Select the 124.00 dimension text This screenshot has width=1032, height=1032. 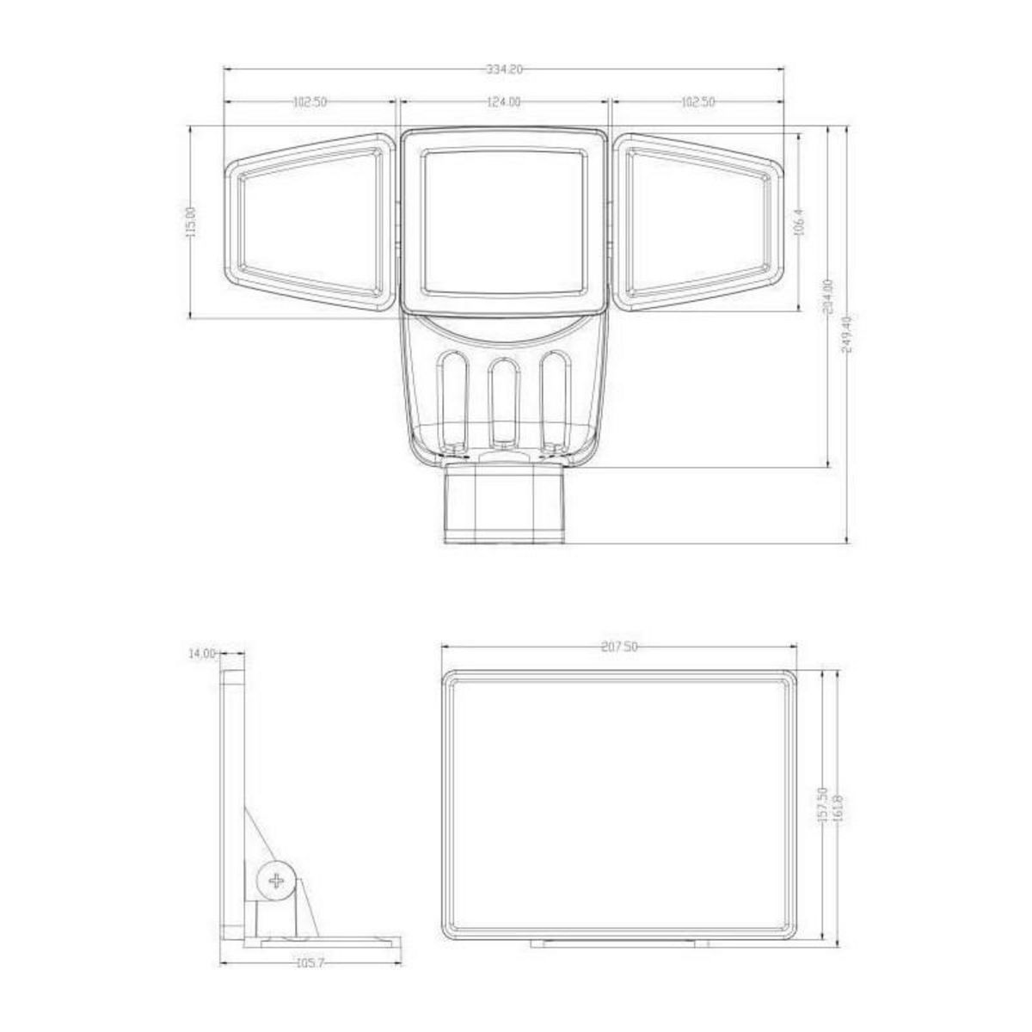(x=504, y=102)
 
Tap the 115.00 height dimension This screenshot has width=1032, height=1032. (x=191, y=222)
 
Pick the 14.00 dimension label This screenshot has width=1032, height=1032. (x=202, y=654)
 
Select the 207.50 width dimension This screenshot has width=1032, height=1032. (x=619, y=648)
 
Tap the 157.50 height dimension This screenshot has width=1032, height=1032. (x=823, y=807)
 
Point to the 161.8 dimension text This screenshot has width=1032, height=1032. (x=837, y=808)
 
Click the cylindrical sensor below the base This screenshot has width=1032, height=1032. (x=504, y=505)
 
